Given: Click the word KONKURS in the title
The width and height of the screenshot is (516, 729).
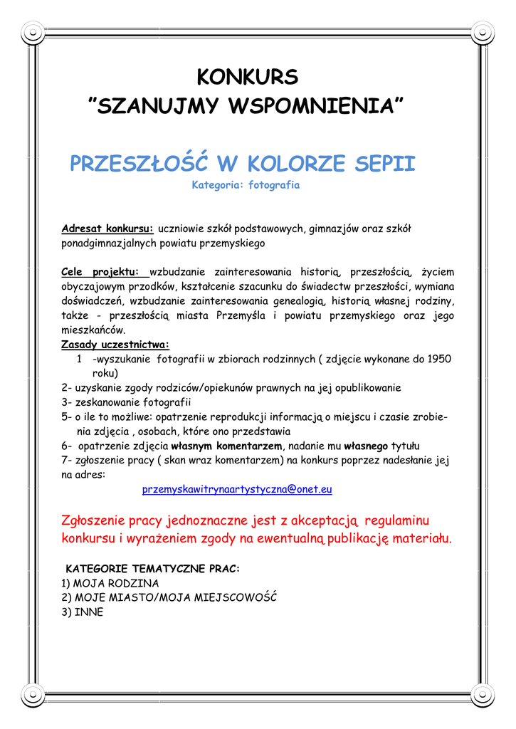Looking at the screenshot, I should (247, 76).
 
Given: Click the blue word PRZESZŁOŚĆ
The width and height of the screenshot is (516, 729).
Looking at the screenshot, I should (139, 164).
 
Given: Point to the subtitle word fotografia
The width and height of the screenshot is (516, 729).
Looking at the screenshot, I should (273, 185).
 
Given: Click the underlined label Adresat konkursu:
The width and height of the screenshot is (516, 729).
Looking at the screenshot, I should (107, 229).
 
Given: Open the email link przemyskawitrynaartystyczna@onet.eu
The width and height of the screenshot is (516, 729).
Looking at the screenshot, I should (237, 489).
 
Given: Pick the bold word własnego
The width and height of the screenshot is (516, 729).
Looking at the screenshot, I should (366, 446).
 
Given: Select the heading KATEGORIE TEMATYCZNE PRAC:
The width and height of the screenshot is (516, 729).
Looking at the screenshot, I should (153, 569).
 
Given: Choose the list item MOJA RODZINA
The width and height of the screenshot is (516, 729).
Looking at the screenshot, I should (116, 583).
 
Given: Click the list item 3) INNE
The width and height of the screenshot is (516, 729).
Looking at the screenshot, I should (83, 612).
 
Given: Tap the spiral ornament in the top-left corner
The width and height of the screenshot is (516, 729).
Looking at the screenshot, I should (33, 31).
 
